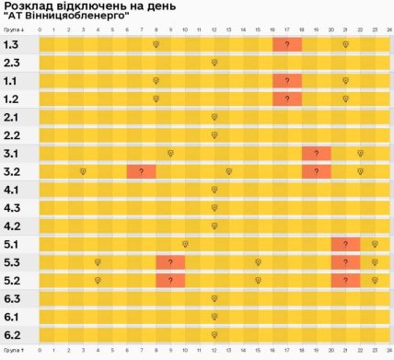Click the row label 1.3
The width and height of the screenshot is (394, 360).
[12, 44]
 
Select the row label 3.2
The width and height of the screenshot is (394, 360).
[12, 171]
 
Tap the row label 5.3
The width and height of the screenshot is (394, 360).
[12, 262]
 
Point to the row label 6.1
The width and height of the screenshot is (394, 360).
[12, 317]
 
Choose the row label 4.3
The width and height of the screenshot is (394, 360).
[12, 208]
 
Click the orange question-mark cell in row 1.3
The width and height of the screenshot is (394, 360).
[287, 44]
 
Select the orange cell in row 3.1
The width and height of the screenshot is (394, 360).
[317, 153]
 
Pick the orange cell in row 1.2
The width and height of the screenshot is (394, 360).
[287, 99]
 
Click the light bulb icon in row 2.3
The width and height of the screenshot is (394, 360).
[214, 63]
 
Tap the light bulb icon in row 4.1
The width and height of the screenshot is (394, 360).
[214, 190]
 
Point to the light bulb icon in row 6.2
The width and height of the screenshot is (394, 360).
[214, 335]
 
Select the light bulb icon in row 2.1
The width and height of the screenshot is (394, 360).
[214, 117]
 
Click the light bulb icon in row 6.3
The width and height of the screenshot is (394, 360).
[214, 298]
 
